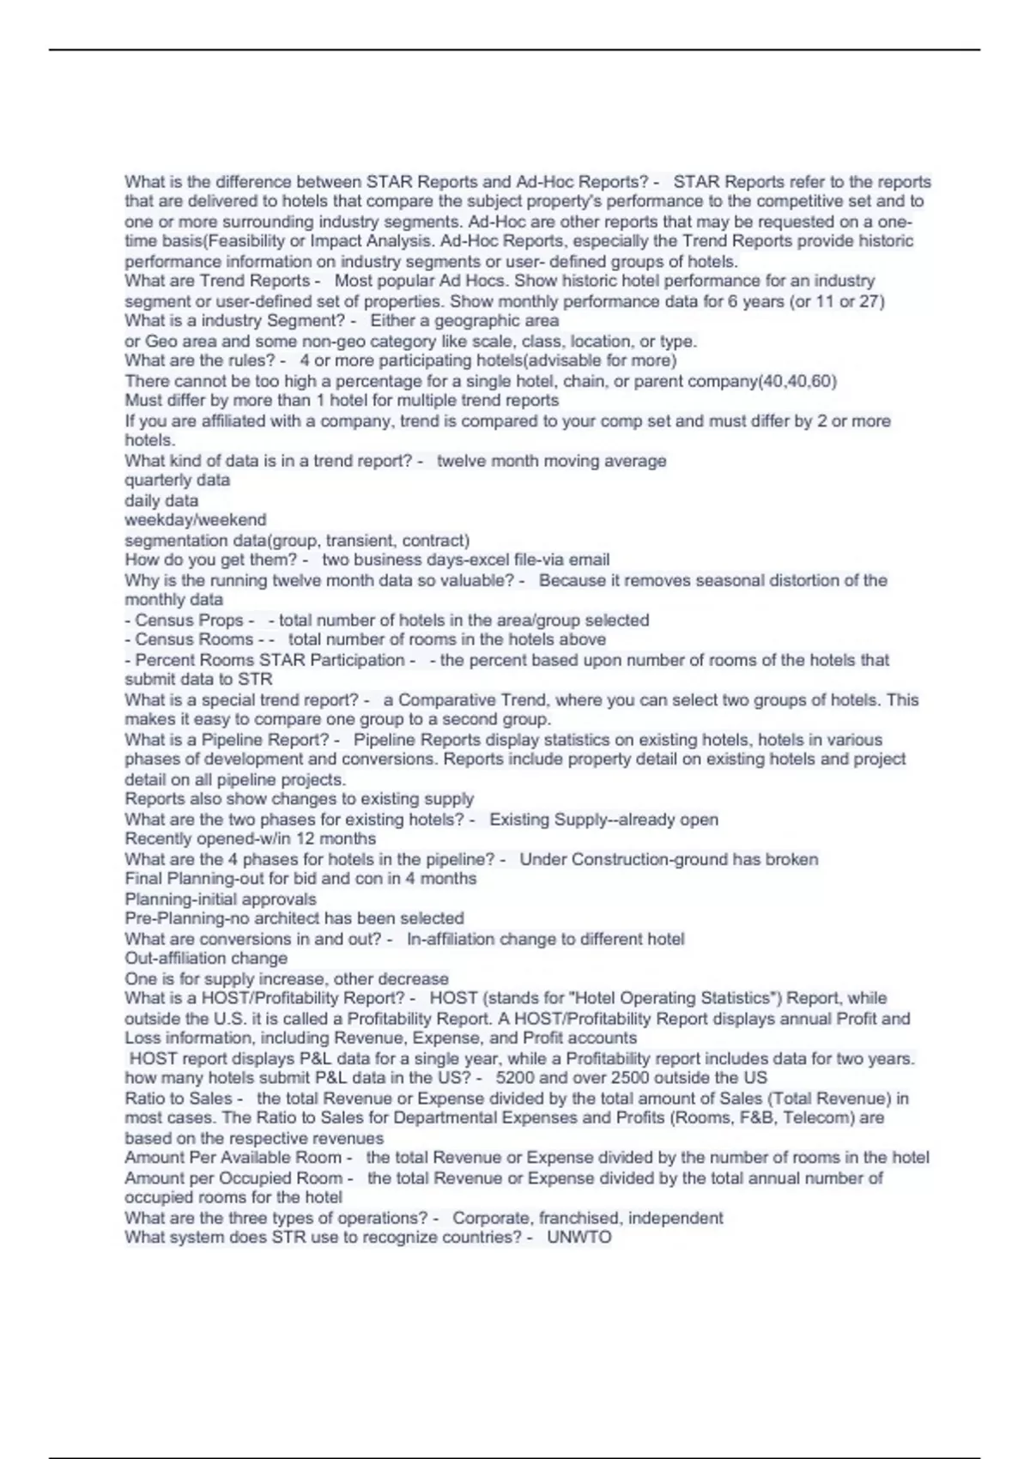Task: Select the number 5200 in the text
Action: click(515, 1078)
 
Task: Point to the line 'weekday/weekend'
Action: click(196, 520)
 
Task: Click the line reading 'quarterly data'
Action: click(178, 481)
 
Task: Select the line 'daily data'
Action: click(161, 500)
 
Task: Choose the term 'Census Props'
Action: click(189, 620)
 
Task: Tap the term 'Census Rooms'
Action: click(194, 639)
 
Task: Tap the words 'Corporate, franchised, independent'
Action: click(587, 1218)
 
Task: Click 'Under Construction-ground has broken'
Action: click(669, 859)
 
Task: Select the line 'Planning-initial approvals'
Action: click(221, 899)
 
